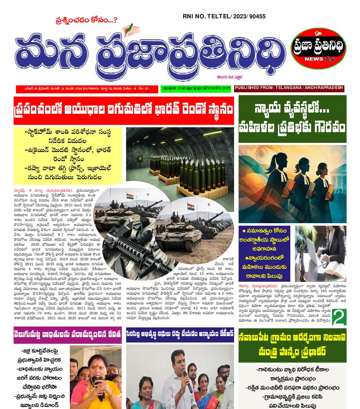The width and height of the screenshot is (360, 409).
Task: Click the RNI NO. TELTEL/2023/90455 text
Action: click(224, 16)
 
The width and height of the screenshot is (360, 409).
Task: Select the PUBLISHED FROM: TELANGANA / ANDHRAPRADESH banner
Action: click(289, 88)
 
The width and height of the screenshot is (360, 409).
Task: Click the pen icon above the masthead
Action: click(128, 29)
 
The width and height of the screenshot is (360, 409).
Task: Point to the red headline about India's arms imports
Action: click(124, 110)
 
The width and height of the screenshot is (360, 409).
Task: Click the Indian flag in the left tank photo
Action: click(130, 196)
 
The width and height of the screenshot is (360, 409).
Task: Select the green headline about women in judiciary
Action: click(292, 119)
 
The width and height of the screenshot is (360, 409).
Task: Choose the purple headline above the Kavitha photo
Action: click(68, 336)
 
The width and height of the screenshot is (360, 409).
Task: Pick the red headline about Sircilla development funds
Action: click(179, 336)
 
